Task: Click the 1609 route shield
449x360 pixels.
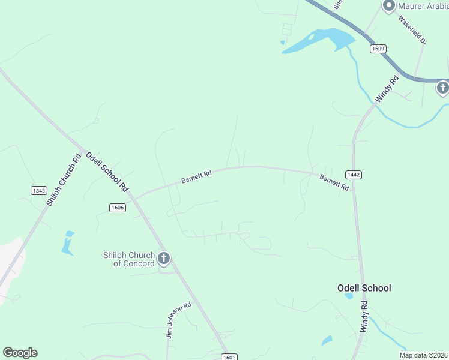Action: (378, 49)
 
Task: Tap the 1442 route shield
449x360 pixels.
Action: (354, 175)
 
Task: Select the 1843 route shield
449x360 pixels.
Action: (38, 190)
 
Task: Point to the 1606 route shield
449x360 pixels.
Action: (118, 207)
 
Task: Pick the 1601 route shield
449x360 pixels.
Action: (229, 357)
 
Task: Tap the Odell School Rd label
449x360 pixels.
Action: (107, 172)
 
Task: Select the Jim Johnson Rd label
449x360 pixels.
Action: (179, 319)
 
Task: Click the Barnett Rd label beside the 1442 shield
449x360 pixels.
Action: (334, 182)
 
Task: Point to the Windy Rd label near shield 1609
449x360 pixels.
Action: (387, 88)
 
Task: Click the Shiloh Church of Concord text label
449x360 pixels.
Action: (129, 259)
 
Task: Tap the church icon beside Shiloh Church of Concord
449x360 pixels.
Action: (164, 259)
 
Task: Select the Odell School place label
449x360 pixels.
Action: (364, 288)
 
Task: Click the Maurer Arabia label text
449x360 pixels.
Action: (423, 7)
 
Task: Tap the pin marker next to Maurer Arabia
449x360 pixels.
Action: (388, 6)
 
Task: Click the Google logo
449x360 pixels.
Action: (20, 353)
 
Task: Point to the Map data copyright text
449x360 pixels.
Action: (424, 355)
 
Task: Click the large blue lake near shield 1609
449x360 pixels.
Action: (322, 41)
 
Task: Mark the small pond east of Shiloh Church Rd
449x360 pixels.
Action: (67, 242)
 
